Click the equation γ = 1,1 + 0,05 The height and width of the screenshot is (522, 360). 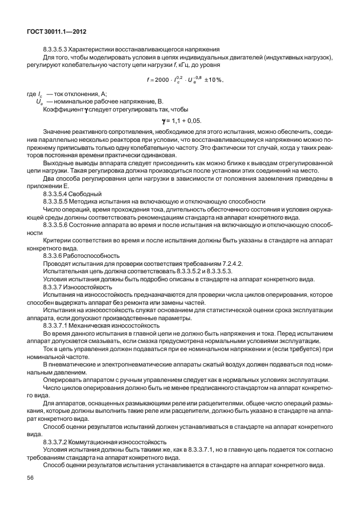tap(182, 120)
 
